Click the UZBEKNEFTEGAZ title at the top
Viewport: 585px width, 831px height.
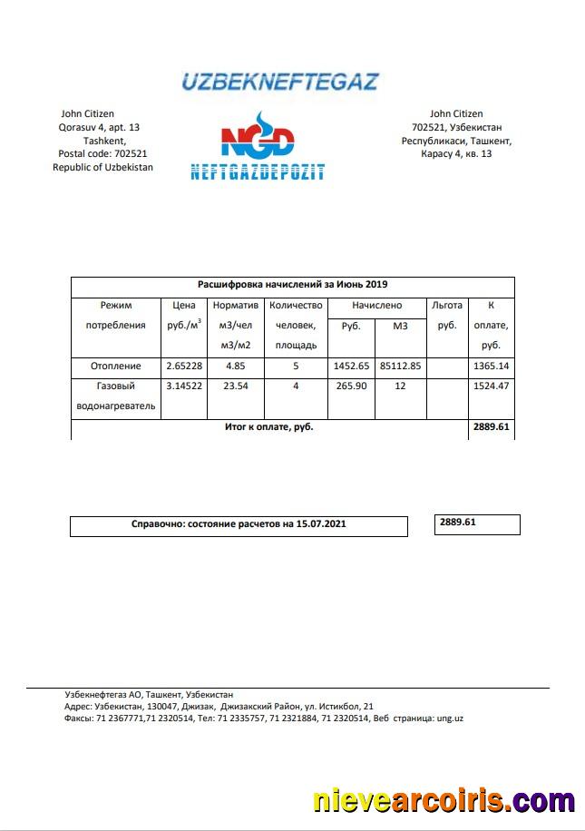click(x=279, y=82)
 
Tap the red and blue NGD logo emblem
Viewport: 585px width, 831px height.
click(x=258, y=139)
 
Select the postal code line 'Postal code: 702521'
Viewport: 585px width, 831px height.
click(x=102, y=154)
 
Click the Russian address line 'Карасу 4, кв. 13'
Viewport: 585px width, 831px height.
click(x=456, y=154)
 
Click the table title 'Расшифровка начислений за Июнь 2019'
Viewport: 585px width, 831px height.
click(x=292, y=284)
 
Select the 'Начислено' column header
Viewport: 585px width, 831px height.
click(x=376, y=306)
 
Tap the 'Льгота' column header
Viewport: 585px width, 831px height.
click(x=446, y=306)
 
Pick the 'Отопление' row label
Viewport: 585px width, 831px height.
click(x=115, y=366)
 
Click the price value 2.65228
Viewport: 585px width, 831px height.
click(x=184, y=366)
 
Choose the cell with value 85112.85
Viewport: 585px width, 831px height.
click(x=400, y=366)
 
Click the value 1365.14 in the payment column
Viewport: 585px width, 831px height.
click(x=492, y=366)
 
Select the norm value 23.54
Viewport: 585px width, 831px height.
click(x=236, y=386)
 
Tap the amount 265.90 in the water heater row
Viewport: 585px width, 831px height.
click(x=351, y=386)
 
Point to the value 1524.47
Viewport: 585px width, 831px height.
click(x=492, y=386)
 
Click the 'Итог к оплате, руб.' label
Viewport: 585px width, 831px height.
click(x=268, y=426)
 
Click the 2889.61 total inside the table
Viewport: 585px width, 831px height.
click(x=492, y=426)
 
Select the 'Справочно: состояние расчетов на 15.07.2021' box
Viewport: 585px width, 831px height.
click(x=239, y=524)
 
